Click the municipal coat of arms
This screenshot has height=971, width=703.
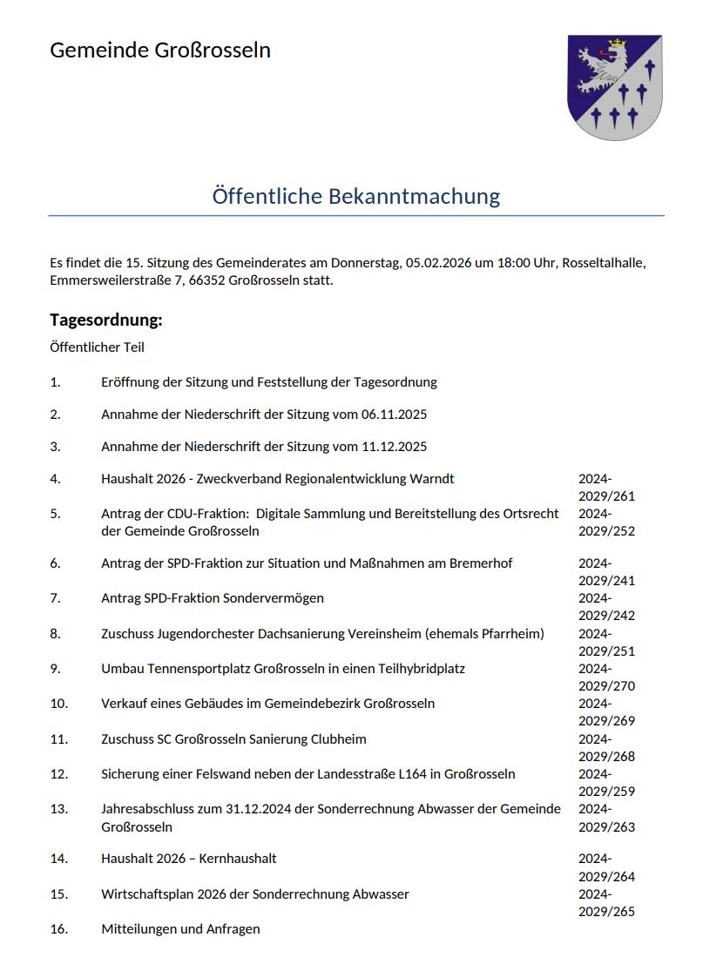615,87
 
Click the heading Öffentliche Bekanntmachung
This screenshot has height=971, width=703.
355,196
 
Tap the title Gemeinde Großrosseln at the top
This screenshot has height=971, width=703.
160,50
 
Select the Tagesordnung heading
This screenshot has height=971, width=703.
106,320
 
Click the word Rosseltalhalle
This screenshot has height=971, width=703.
604,262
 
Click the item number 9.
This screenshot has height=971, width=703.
55,669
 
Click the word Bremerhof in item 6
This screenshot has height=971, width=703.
481,563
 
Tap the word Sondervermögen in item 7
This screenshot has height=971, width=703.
274,598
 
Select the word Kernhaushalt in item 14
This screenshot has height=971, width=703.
238,859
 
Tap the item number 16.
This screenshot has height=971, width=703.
58,929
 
